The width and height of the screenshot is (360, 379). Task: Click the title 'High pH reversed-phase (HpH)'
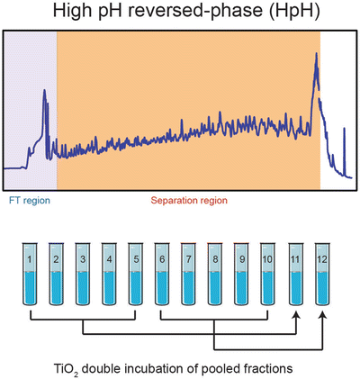pyautogui.click(x=180, y=13)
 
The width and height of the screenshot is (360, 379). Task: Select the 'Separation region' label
pyautogui.click(x=188, y=199)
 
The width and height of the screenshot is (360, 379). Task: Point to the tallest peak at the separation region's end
pyautogui.click(x=316, y=56)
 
